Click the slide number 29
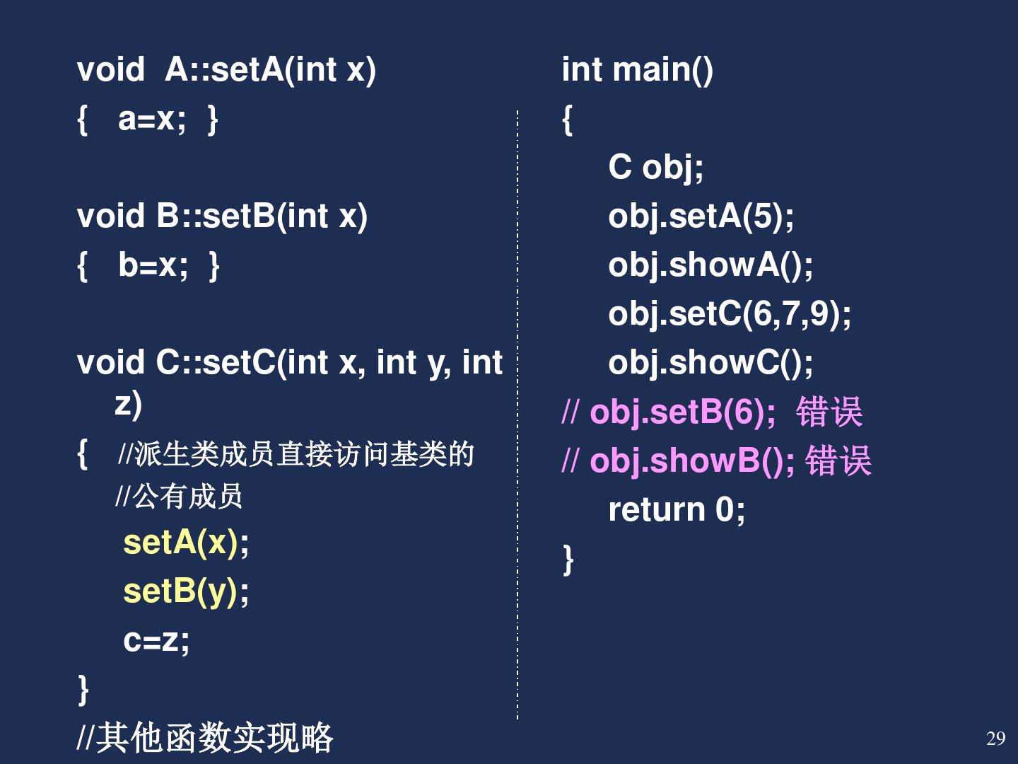point(995,739)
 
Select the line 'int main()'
point(637,70)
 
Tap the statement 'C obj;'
point(655,168)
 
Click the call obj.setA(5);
point(701,216)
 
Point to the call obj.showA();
point(710,265)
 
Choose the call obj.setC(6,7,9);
point(730,314)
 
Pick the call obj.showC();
point(710,363)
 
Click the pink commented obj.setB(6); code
point(682,412)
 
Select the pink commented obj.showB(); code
point(692,461)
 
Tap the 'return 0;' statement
point(677,509)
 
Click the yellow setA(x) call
point(181,543)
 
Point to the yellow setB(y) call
point(181,591)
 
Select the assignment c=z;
point(156,640)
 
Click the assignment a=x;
point(152,119)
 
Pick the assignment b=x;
point(153,265)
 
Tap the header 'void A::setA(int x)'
point(226,70)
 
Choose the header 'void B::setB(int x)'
point(222,216)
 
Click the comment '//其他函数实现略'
point(205,738)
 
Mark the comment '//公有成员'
point(180,497)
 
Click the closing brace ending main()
point(568,559)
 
